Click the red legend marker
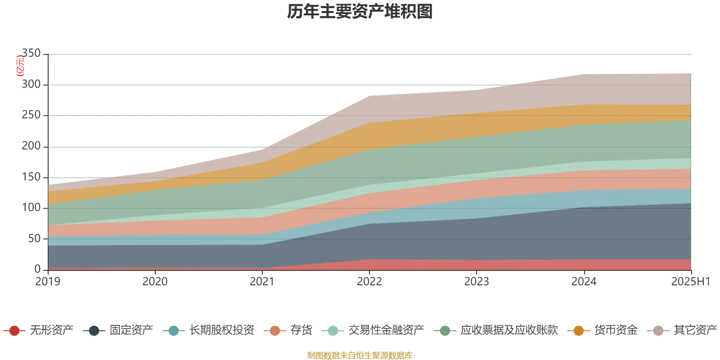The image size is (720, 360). pos(14,331)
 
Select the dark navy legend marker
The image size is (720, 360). pos(94,331)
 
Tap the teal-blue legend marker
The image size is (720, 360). pos(173,331)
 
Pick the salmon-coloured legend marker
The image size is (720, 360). pos(275,331)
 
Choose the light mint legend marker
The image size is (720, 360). pos(333,331)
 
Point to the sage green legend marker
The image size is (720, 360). pos(445,331)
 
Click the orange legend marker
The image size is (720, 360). pos(579,331)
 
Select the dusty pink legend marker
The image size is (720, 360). pos(658,331)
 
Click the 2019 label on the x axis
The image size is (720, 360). pos(47,282)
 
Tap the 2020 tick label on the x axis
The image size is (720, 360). pos(154,282)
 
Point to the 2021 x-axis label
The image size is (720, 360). pos(261,282)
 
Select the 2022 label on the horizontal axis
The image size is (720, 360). pos(370,282)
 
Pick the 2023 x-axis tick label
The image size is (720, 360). pos(477,282)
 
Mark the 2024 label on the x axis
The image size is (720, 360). pos(584,282)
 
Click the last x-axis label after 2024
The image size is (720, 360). pos(689,282)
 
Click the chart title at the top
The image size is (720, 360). pos(360,13)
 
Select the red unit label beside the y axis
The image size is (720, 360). pos(20,66)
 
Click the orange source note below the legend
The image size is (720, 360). pos(360,355)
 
